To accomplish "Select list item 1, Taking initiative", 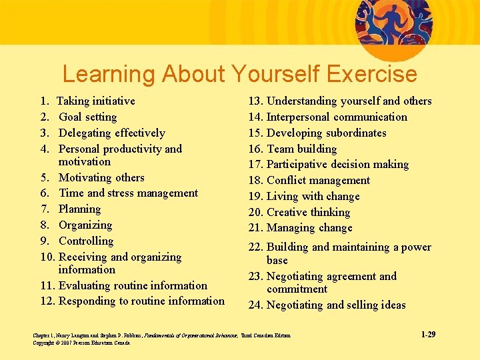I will (95, 101).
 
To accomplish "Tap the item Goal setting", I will (87, 117).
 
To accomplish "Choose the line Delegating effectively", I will (111, 133).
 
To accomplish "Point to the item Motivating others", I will (101, 178).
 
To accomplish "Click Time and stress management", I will (128, 193).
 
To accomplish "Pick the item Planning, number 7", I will (79, 209).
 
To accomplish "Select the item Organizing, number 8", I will (85, 225).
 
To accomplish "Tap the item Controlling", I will (86, 241).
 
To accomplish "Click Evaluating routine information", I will (133, 286).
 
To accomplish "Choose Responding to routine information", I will (141, 301).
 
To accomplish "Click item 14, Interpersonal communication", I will (337, 117).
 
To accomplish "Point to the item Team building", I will (301, 149).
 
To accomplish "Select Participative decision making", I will (337, 165).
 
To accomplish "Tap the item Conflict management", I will (318, 181).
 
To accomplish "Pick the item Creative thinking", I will (308, 213).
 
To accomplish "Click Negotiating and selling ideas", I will (336, 305).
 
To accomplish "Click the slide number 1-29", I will (428, 334).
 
